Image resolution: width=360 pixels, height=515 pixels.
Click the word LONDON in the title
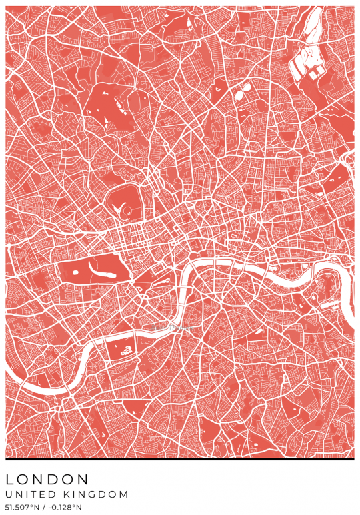click(47, 480)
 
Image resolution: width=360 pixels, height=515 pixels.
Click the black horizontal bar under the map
click(180, 460)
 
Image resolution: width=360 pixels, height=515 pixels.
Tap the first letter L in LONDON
click(10, 480)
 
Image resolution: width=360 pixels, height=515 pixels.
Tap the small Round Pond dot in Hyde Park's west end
click(75, 272)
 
